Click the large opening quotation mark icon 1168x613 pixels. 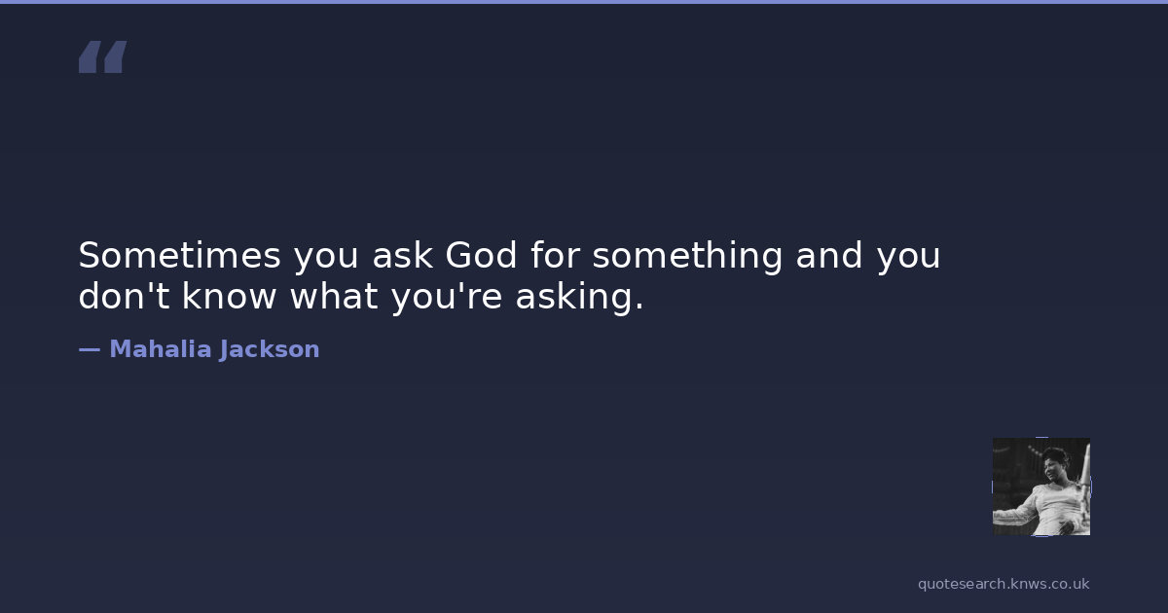103,56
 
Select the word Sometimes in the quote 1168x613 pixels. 180,255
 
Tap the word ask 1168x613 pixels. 402,255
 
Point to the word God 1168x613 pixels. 481,255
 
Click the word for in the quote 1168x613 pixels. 556,255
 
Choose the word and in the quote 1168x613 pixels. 829,255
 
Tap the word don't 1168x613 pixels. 125,296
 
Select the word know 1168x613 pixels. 229,296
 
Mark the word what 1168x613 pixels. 334,296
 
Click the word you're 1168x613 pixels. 447,298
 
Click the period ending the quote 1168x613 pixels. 639,306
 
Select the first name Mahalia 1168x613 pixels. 160,349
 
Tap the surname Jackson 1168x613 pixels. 269,349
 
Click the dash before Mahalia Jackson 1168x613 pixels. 90,349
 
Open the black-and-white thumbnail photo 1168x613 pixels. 1041,487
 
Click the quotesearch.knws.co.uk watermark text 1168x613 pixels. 1004,584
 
